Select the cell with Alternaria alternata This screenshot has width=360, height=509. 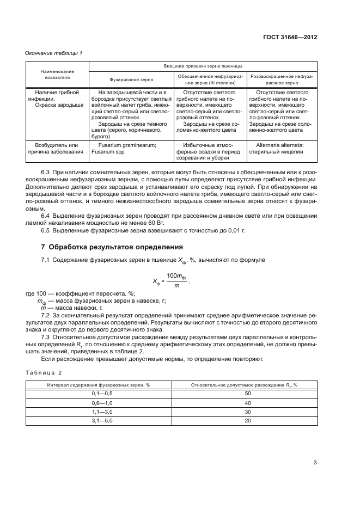tap(282, 149)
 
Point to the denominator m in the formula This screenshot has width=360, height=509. tap(175, 285)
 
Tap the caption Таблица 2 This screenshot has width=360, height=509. tap(44, 372)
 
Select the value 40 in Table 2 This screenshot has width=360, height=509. tap(248, 403)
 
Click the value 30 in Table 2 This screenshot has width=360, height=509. tap(248, 412)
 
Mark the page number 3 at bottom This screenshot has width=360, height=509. tap(315, 463)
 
